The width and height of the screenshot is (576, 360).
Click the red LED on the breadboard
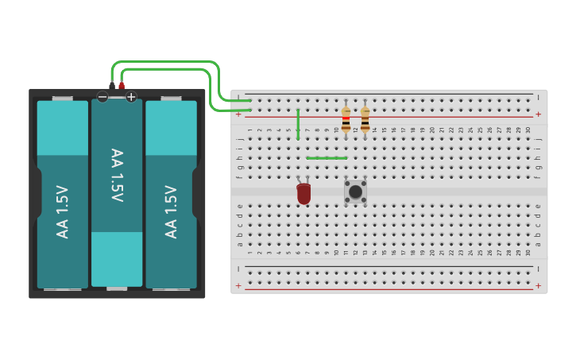(303, 193)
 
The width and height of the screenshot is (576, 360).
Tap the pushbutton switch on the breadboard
(355, 191)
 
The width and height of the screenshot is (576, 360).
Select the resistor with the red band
(346, 120)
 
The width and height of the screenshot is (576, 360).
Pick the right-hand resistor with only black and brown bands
(365, 120)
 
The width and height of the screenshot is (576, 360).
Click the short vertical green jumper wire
(298, 124)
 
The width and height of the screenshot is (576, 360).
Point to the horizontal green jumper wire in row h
(327, 157)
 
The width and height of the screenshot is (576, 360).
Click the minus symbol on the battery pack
(102, 97)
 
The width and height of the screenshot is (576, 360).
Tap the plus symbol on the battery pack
(131, 97)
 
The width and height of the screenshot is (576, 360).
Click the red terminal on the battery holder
(122, 85)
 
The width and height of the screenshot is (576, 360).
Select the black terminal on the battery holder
(112, 85)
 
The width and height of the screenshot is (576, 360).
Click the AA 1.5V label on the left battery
(63, 211)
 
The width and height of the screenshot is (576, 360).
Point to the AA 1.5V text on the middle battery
(117, 176)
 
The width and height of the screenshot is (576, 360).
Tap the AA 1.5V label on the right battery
(171, 211)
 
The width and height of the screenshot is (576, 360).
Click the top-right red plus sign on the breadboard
(539, 114)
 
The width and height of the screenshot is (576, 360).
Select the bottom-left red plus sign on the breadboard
(238, 285)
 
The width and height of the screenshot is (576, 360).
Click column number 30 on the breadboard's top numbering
(528, 130)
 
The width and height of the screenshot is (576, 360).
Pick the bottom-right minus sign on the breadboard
(539, 269)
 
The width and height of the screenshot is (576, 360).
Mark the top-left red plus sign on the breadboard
(238, 114)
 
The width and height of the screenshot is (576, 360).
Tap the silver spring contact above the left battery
(63, 99)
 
